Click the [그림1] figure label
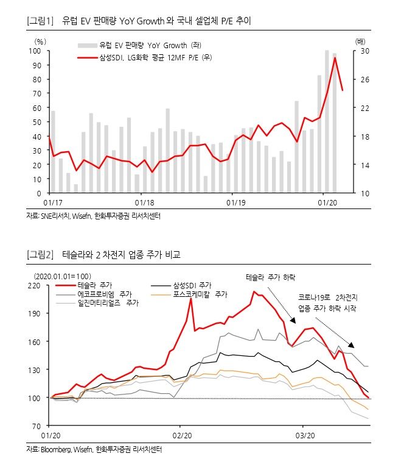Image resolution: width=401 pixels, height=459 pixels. pos(40,21)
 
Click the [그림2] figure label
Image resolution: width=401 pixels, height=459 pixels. pos(40,254)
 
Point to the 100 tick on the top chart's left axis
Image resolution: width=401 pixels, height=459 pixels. pos(36,51)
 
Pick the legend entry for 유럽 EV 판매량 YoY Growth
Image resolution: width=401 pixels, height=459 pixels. pos(137,45)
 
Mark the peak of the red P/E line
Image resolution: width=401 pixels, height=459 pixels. pos(335,57)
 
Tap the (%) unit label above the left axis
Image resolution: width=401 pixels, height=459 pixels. pos(40,41)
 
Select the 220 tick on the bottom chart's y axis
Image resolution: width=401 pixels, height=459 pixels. pos(34,285)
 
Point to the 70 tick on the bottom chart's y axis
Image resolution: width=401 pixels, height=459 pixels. pos(36,425)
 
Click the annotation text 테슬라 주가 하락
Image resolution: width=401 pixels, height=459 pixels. pos(270,277)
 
